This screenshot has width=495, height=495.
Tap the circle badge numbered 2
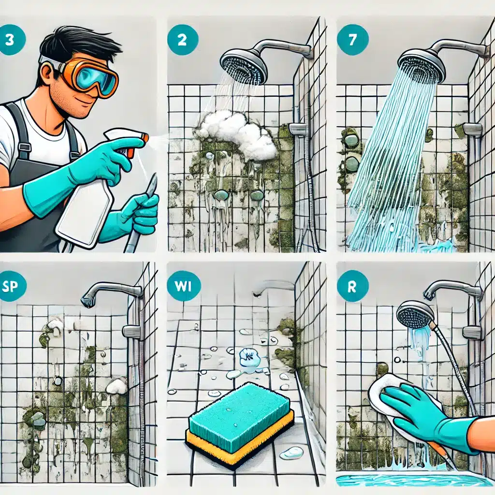click(183, 41)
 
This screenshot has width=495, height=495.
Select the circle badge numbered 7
click(352, 40)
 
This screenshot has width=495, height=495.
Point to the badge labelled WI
click(183, 286)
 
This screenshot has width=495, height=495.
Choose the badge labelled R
click(352, 286)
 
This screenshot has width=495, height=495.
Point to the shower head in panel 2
click(244, 67)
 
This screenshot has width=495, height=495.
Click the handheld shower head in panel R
click(414, 314)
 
